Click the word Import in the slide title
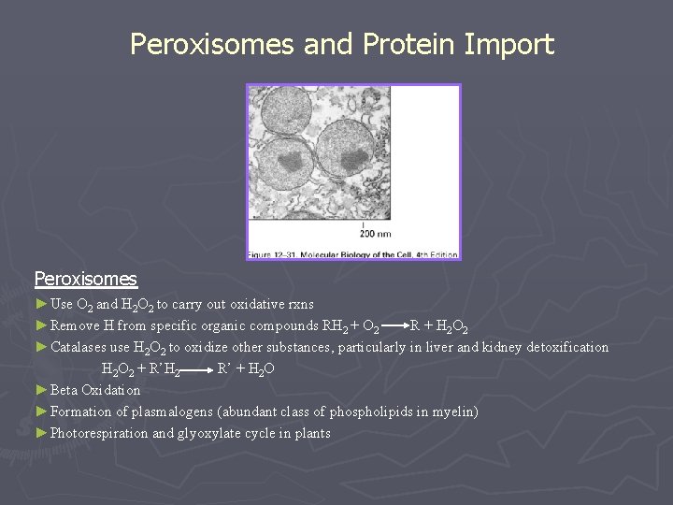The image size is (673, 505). [506, 45]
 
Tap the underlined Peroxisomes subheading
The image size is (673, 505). [85, 279]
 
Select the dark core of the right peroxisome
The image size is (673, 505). [351, 160]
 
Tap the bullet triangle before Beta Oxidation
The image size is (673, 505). [40, 389]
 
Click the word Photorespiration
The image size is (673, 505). [99, 433]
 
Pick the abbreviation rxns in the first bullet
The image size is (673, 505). [298, 304]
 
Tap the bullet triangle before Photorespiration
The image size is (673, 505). [40, 432]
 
